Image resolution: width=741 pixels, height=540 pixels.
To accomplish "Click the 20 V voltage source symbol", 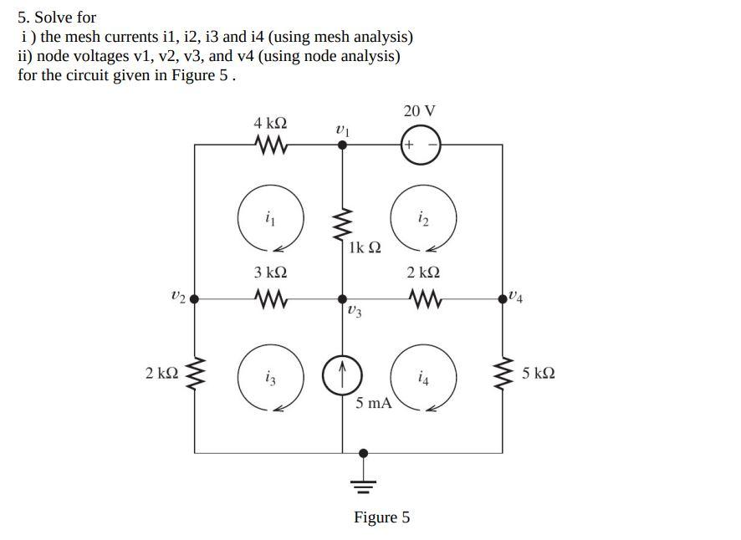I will click(421, 145).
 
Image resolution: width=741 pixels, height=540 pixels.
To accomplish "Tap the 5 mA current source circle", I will click(342, 375).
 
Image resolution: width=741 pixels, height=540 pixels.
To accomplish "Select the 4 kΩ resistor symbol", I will click(271, 145).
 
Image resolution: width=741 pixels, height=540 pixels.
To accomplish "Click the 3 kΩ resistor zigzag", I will click(271, 298).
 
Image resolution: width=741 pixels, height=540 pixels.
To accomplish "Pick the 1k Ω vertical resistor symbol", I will click(342, 224).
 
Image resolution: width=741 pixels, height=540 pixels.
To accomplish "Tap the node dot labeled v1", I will click(342, 145).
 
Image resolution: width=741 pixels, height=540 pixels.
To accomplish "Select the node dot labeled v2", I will click(195, 298).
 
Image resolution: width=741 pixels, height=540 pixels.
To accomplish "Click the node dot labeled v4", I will click(503, 298).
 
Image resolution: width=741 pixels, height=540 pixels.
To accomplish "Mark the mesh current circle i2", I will click(423, 219).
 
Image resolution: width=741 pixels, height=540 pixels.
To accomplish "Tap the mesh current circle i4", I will click(423, 378).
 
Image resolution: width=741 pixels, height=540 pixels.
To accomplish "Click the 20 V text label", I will click(419, 111).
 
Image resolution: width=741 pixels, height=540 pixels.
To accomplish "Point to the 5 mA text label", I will click(373, 403).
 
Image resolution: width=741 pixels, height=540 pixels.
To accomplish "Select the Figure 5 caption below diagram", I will click(381, 517).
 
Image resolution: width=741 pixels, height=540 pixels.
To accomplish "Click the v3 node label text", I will click(354, 311).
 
